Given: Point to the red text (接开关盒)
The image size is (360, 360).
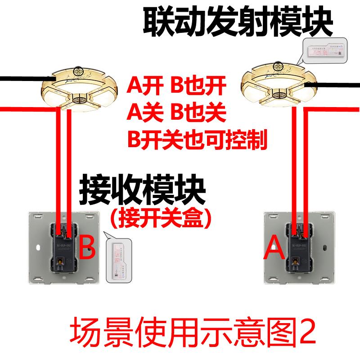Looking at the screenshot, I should point(161,219).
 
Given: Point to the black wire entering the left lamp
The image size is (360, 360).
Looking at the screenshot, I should point(22,79).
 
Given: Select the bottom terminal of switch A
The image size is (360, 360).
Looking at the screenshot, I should point(297,260).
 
